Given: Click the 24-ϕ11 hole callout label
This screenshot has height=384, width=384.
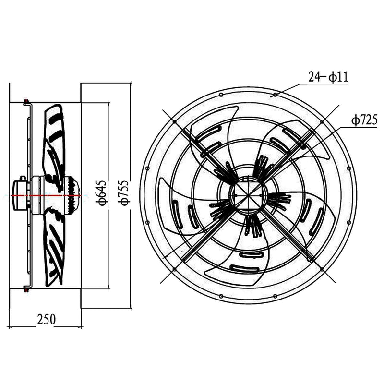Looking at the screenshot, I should pos(328,76).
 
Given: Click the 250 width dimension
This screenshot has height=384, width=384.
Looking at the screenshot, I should pos(46,319).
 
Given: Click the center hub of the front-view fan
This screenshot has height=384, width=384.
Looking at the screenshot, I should pos(248,195).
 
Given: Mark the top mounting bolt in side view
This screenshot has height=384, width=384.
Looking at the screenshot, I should pos(26,102).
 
